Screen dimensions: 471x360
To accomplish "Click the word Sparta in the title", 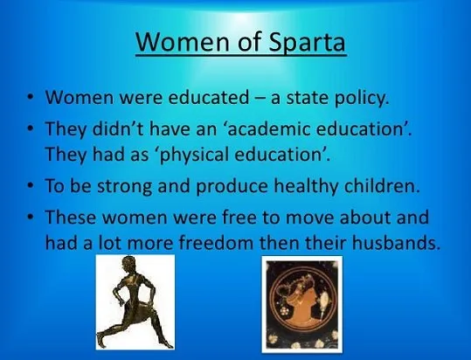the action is point(307,43).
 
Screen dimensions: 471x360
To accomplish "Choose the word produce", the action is point(232,187).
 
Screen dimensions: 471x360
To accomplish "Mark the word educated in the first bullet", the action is point(209,98).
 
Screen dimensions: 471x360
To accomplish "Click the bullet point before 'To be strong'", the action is point(30,186).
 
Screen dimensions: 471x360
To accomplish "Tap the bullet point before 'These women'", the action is point(30,217).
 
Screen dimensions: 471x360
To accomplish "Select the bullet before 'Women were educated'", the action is point(30,98).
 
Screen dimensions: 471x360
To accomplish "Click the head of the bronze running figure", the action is point(128,264).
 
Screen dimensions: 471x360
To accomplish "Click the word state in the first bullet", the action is point(308,98).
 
